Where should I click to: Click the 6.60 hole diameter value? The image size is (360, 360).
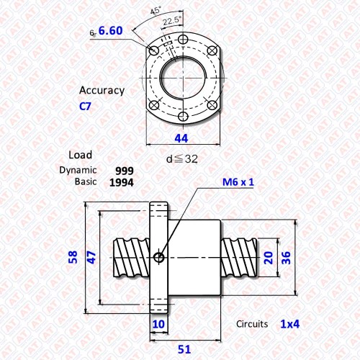pos(110,31)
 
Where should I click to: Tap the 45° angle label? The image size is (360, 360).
pos(156,11)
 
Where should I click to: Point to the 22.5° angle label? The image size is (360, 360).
pos(172,21)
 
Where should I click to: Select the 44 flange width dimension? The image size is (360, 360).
pos(181,138)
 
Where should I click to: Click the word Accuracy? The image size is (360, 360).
pos(102,91)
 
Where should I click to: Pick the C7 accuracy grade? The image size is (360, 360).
pos(85,107)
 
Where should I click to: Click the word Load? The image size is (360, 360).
pos(80,155)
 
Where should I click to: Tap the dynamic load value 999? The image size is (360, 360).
pos(125,171)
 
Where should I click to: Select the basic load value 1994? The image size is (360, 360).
pos(122,183)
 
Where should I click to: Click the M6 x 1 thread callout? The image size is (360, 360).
pos(238,182)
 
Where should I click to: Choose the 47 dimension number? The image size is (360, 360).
pos(91,258)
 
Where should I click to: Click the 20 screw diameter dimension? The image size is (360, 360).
pos(269,258)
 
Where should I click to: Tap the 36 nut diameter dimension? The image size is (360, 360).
pos(286,258)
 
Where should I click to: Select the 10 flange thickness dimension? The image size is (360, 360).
pos(158,324)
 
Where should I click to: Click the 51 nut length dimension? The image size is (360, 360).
pos(184,349)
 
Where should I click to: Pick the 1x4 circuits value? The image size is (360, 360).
pos(290,324)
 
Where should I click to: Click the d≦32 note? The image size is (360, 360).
pos(182,159)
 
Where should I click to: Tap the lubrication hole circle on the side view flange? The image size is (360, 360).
pos(158,258)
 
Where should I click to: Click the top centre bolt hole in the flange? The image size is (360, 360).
pos(183,39)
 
